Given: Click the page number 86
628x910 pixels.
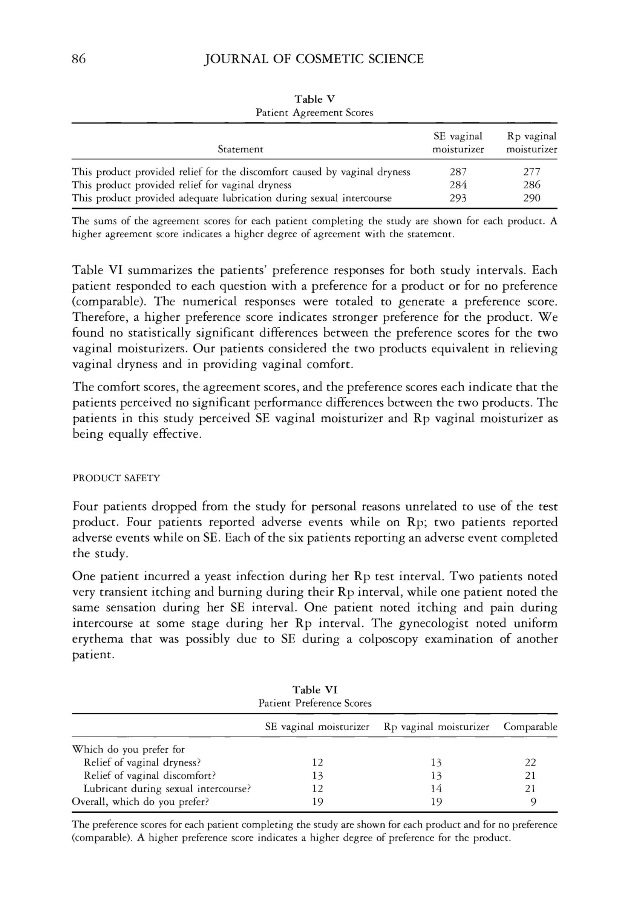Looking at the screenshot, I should [x=79, y=59].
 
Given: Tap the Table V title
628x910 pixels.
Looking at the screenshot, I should [x=314, y=99].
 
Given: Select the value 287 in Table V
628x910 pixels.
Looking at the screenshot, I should [x=458, y=172].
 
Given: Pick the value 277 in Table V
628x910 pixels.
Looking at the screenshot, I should [x=532, y=172].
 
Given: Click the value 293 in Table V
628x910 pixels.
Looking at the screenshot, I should [x=458, y=198].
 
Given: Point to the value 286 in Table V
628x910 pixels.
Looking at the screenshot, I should [x=532, y=185].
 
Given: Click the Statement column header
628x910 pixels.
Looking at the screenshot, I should [x=240, y=150].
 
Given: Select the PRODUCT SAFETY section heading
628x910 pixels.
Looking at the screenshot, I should [x=116, y=478].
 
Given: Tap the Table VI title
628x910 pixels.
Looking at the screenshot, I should [x=315, y=690].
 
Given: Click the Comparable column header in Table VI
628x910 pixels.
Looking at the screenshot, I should [x=530, y=727].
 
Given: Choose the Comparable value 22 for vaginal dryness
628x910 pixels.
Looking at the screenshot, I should [x=530, y=762].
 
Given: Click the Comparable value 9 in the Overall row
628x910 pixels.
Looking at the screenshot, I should [x=533, y=802].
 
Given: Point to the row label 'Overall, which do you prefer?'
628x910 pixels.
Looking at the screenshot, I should [x=140, y=802].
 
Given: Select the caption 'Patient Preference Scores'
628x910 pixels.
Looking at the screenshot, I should [x=315, y=703].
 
